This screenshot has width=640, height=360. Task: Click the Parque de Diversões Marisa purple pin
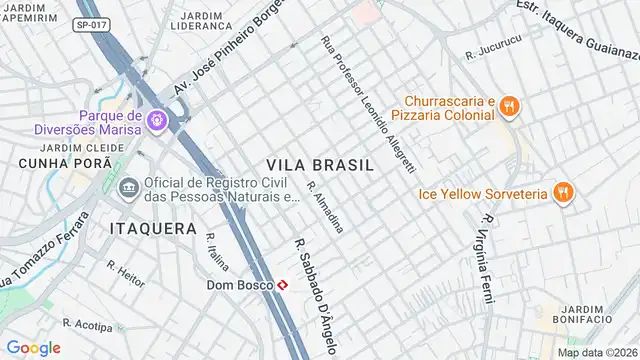[x=158, y=122]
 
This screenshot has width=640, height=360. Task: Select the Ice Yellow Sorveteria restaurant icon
[x=563, y=192]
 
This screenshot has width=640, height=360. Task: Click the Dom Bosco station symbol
[x=284, y=285]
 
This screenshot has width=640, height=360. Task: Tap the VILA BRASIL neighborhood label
[x=319, y=164]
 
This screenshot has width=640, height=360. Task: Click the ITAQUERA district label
[x=152, y=228]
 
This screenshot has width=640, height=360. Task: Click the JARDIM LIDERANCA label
[x=204, y=20]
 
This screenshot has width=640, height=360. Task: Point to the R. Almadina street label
[x=326, y=208]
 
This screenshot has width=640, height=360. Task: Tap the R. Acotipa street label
[x=86, y=325]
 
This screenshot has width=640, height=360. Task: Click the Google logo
[x=34, y=347]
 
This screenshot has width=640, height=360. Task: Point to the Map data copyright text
[x=597, y=352]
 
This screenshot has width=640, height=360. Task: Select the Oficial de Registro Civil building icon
[x=128, y=189]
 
